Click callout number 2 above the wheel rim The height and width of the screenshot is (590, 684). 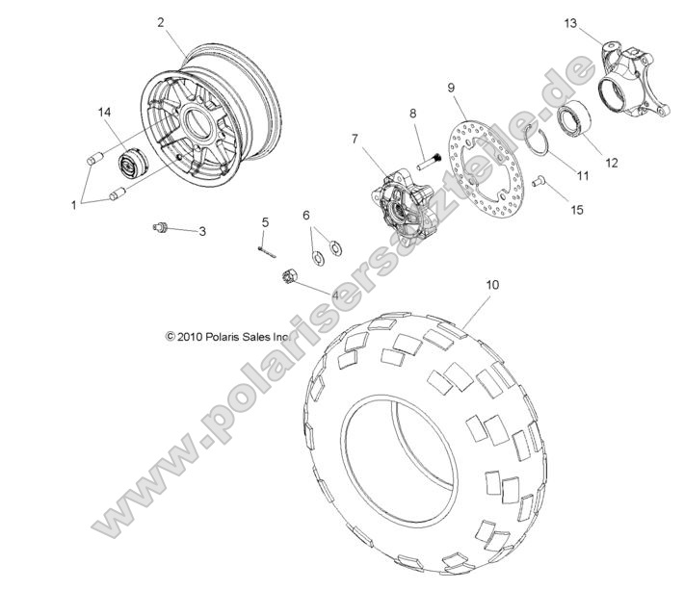160,22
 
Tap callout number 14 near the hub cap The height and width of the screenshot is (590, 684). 105,113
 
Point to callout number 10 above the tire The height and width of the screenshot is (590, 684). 492,285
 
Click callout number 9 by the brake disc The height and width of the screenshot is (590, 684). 451,89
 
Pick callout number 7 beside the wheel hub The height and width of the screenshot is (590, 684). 355,140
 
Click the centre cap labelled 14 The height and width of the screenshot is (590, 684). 128,163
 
